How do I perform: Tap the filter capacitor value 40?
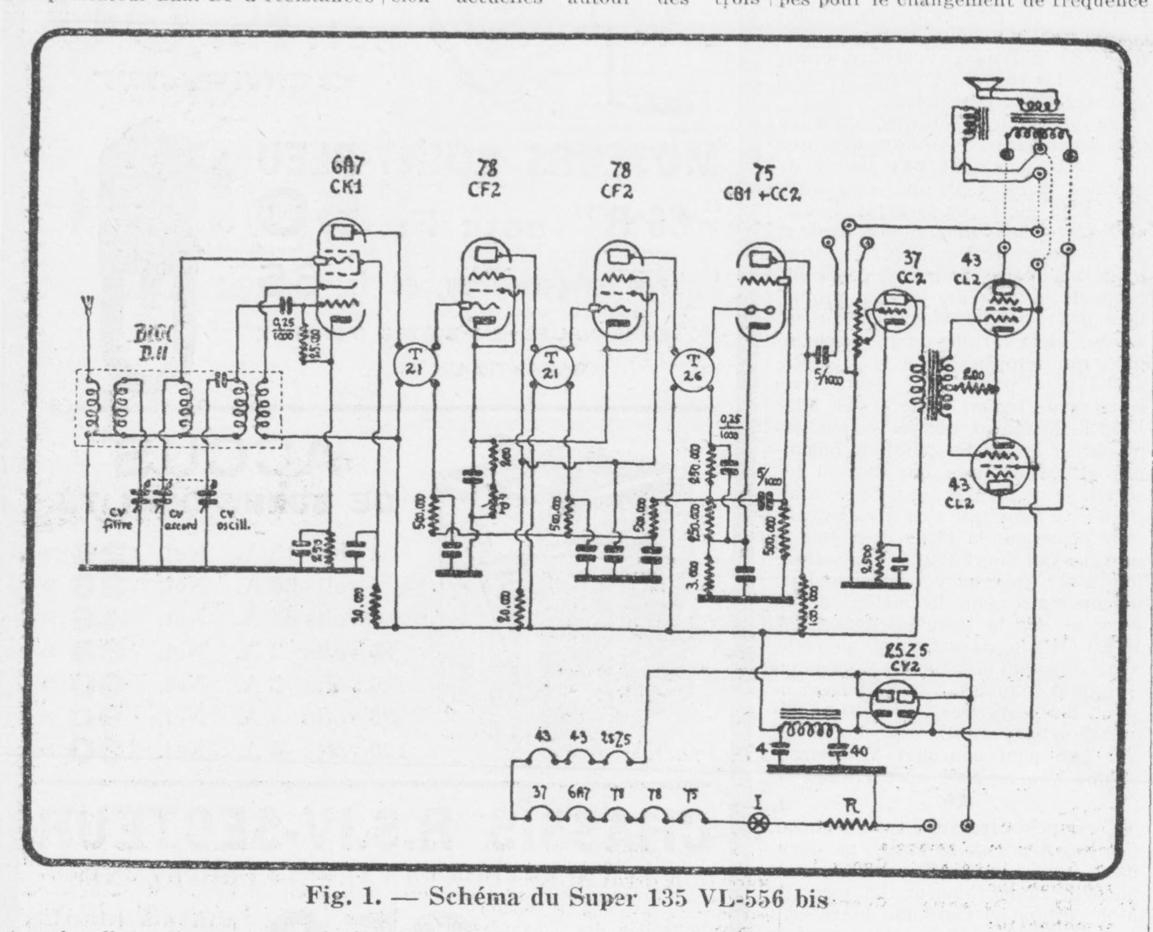859,751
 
